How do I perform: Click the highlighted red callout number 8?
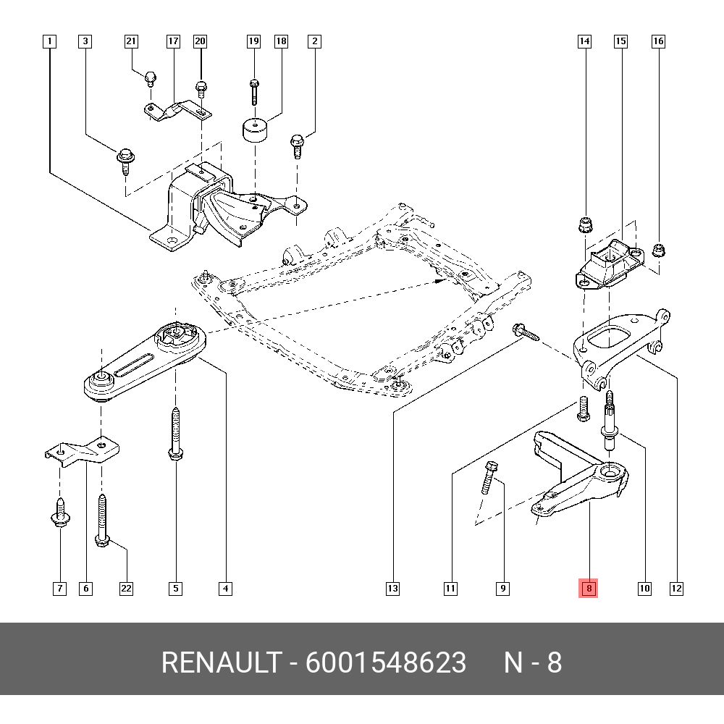(x=589, y=589)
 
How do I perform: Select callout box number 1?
(x=49, y=41)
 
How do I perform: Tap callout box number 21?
(x=131, y=41)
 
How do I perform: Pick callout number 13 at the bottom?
(x=392, y=589)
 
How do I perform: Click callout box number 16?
(x=658, y=41)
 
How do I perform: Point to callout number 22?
(x=126, y=589)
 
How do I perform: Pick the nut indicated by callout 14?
(x=584, y=224)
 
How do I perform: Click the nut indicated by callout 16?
(x=658, y=251)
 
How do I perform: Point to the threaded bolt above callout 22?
(x=102, y=520)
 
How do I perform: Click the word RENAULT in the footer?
(x=220, y=662)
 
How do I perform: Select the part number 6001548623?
(x=386, y=662)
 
